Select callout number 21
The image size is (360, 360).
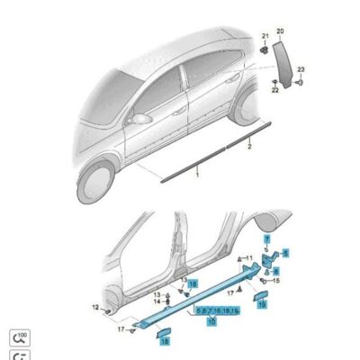tap(265, 37)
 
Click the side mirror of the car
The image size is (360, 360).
tap(142, 121)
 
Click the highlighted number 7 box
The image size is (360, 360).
tap(266, 238)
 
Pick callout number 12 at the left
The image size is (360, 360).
tap(95, 308)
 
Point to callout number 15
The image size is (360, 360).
tap(276, 281)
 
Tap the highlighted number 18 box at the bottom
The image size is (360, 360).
tap(165, 339)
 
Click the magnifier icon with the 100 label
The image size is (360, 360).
tap(17, 339)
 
